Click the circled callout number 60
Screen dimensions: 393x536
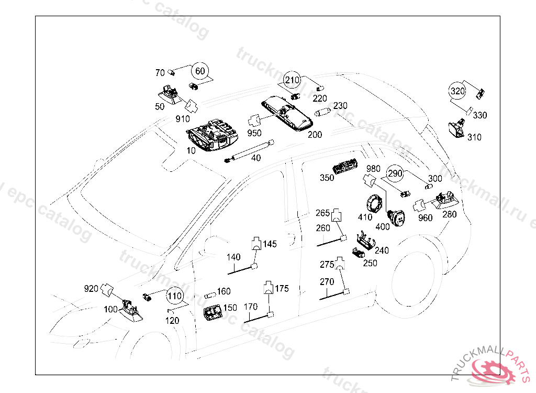(200, 70)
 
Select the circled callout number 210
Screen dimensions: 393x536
(292, 80)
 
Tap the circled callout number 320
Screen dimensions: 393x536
(457, 91)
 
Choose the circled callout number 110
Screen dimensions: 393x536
(175, 296)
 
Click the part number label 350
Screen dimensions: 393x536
(327, 178)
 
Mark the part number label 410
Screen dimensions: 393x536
(365, 217)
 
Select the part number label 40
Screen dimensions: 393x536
(255, 158)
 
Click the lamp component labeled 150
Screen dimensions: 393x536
(213, 313)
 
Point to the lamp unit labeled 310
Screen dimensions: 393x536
(457, 128)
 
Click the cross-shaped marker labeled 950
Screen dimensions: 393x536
(255, 121)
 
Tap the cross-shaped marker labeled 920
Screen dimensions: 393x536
(107, 289)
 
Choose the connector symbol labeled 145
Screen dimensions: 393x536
(256, 243)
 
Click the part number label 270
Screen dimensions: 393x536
(327, 282)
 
